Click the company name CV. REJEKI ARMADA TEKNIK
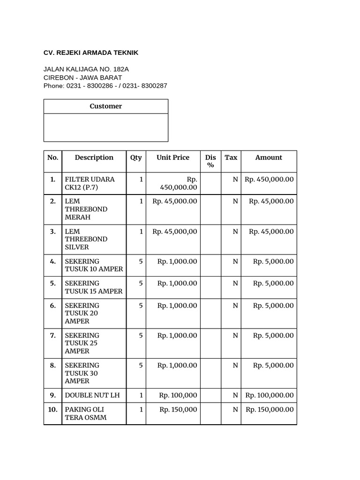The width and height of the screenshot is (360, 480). point(91,52)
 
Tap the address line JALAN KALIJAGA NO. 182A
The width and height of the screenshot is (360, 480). point(86,69)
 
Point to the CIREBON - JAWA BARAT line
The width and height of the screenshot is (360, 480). point(82,77)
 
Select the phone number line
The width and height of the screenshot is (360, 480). point(105,86)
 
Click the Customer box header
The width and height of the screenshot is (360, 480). point(105,106)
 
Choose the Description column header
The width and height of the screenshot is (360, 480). point(94,157)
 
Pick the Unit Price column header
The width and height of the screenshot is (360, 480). point(173,157)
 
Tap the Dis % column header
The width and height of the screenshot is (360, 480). point(210,161)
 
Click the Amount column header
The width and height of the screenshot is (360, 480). point(269,157)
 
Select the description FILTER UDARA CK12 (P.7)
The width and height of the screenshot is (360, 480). point(90,183)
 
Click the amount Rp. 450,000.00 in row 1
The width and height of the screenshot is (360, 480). point(269,180)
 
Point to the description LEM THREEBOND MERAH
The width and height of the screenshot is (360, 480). point(86,209)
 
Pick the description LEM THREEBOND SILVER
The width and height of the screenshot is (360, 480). point(86,239)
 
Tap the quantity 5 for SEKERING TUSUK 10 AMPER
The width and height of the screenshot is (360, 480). point(141,262)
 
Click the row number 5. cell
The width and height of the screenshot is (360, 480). point(52,283)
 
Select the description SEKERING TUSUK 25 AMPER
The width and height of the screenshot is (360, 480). point(82,343)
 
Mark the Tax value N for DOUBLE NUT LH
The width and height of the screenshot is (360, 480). point(235,396)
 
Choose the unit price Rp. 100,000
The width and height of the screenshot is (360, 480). point(178,396)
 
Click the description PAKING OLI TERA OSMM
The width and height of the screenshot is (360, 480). point(86,413)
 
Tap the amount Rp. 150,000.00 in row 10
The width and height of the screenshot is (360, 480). point(270,410)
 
